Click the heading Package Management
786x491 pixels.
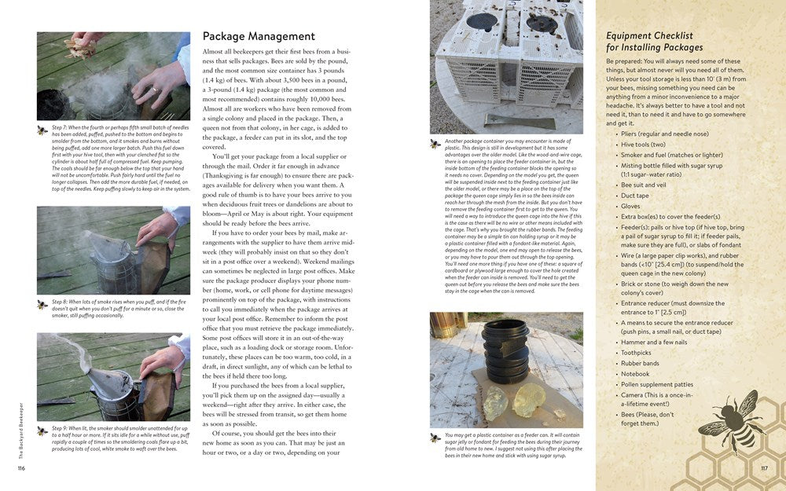[x=259, y=36]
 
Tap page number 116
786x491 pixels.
[x=22, y=469]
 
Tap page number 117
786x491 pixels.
[x=764, y=469]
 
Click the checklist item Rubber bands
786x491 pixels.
[x=641, y=363]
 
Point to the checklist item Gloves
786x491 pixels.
[x=632, y=206]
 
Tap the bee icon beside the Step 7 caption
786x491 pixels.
[x=42, y=130]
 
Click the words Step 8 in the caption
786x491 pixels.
[x=61, y=302]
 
